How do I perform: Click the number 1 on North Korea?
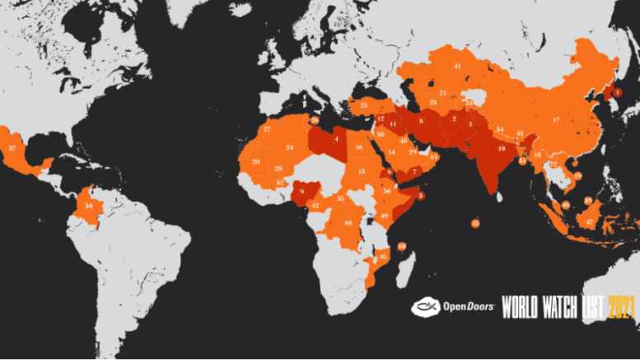[x=618, y=92]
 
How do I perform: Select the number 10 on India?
[x=501, y=148]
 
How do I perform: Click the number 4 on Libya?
[x=336, y=139]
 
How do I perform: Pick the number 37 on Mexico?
[x=12, y=147]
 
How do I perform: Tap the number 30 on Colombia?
[x=88, y=205]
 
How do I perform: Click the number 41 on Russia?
[x=457, y=65]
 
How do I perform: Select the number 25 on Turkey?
[x=364, y=105]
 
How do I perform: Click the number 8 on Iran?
[x=422, y=121]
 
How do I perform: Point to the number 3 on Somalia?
[x=422, y=195]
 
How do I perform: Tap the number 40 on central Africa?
[x=348, y=223]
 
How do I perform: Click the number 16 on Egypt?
[x=359, y=147]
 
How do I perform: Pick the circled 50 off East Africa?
[x=401, y=245]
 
